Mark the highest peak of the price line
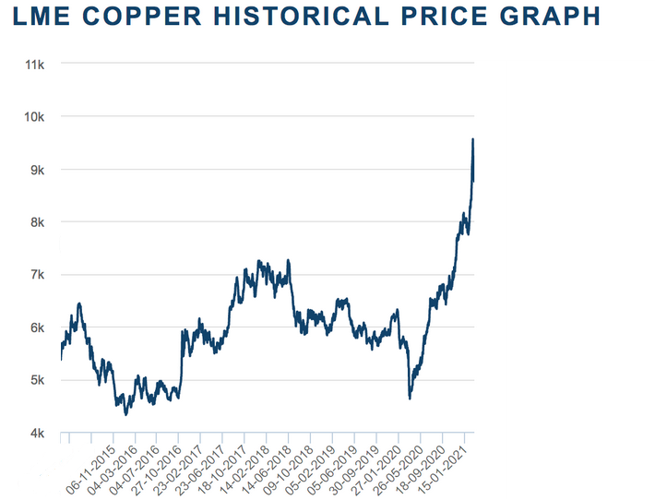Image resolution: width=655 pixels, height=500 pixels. pos(473,139)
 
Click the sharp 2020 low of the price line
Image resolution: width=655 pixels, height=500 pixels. pos(410,399)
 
